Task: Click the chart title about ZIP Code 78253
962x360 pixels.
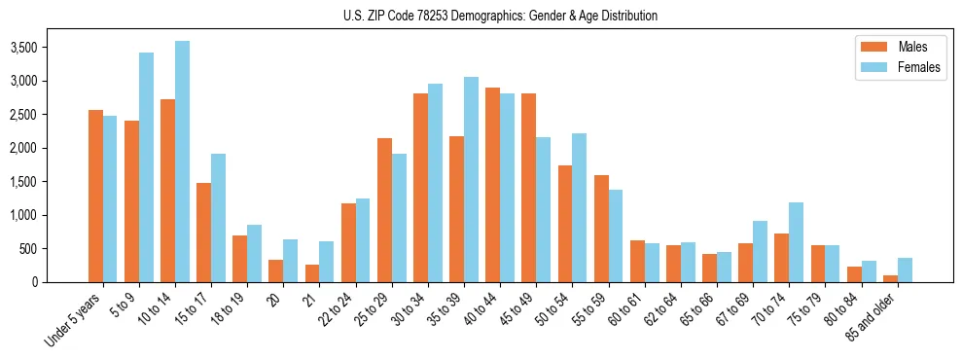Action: (500, 16)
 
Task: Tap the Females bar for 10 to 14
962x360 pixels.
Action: (182, 162)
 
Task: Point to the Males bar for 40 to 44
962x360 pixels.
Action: (492, 185)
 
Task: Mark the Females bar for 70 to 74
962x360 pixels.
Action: (796, 242)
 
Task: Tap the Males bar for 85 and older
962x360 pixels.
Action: (890, 278)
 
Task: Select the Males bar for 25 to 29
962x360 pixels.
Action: (384, 210)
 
